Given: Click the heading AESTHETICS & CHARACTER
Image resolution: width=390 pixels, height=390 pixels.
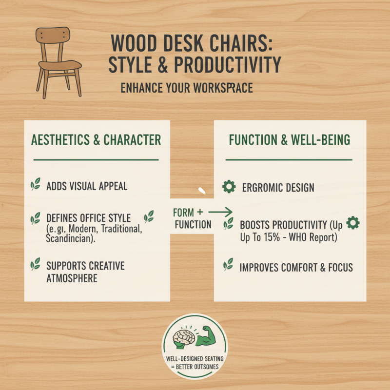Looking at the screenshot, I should pos(96,140).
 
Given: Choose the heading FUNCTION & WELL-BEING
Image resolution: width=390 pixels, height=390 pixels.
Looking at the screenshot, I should pos(290,140).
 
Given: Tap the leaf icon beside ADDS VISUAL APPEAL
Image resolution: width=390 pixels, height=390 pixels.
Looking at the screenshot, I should pos(36,185).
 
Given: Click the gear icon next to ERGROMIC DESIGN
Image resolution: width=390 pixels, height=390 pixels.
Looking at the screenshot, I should pos(228,186).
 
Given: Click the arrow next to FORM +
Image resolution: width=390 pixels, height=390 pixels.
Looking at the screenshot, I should pos(223,212).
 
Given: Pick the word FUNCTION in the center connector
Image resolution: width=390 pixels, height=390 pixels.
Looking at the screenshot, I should pos(192,225).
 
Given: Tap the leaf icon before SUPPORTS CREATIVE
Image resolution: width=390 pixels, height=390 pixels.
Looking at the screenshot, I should pos(36,265).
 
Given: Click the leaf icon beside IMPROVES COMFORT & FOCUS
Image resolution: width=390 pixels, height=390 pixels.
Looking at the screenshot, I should pos(228,265).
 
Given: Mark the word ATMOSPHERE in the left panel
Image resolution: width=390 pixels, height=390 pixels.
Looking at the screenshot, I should pos(72,278).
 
